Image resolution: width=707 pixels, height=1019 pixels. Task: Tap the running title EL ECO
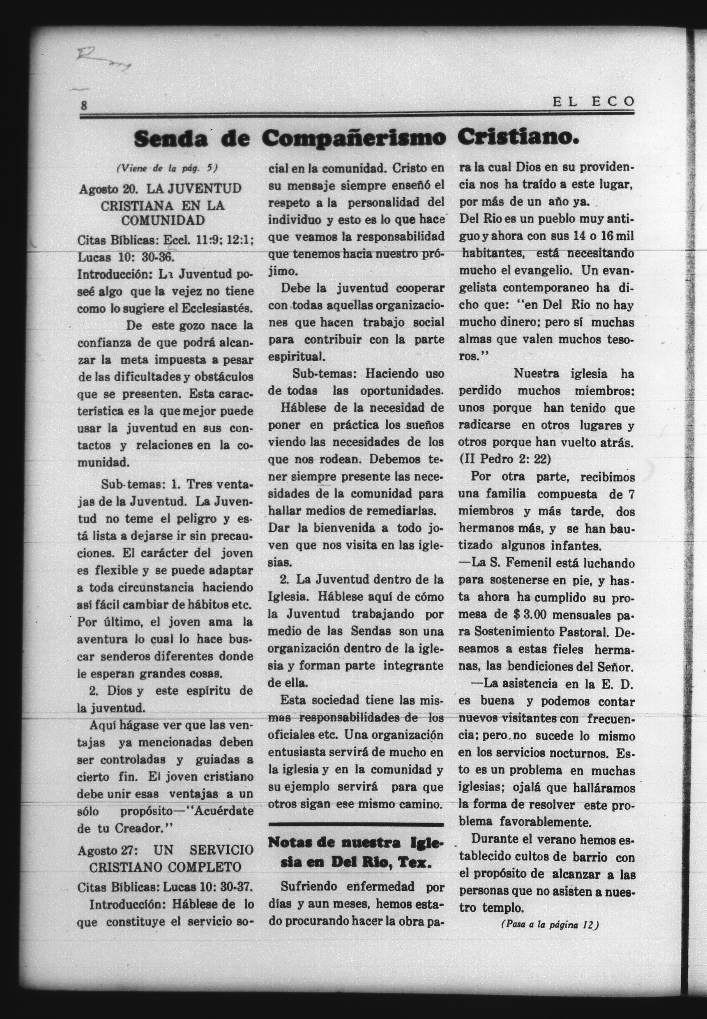[593, 102]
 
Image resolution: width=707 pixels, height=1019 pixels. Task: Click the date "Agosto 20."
[108, 189]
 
